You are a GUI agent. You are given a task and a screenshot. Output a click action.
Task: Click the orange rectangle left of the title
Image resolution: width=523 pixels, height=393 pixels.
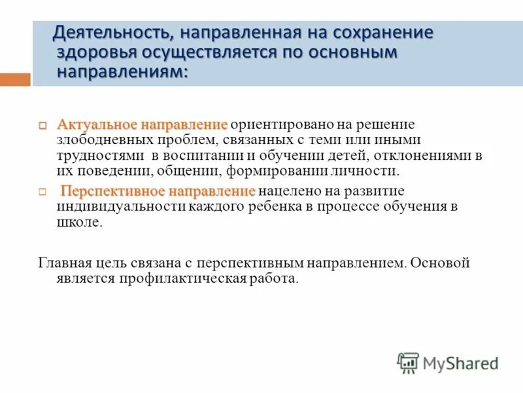click(x=15, y=80)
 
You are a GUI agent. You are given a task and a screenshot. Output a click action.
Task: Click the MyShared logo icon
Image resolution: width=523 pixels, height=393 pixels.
click(x=408, y=363)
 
